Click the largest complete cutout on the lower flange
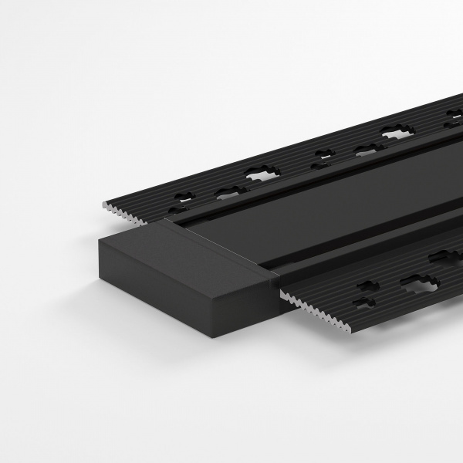(x=418, y=282)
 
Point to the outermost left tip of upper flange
(x=103, y=205)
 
